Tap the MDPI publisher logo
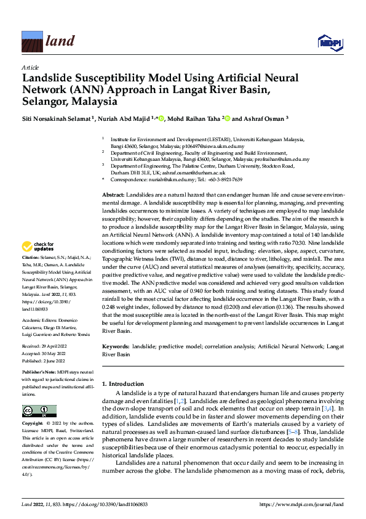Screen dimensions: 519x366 coord(329,41)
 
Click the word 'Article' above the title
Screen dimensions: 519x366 coord(30,67)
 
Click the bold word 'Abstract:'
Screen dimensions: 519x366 coord(113,194)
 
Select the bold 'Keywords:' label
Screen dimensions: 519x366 coord(115,348)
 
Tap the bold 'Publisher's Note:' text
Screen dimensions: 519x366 coord(39,374)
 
